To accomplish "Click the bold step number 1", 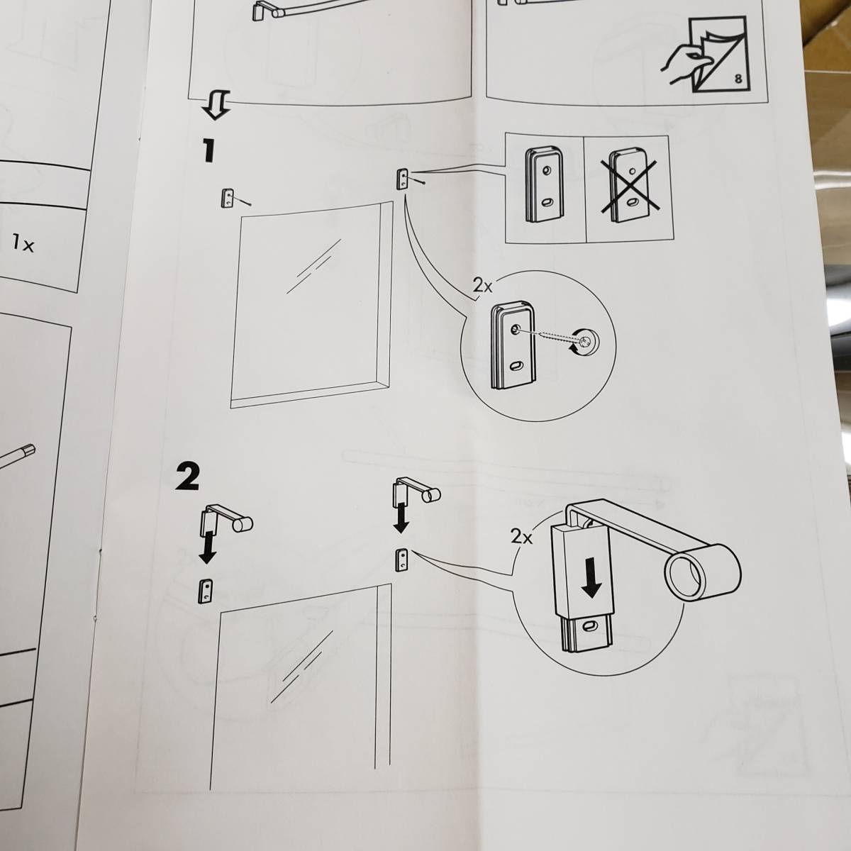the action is tap(207, 150).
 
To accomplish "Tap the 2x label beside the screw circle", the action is tap(482, 287).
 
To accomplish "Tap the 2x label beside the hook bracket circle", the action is tap(521, 537).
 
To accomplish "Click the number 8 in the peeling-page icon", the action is tap(738, 80).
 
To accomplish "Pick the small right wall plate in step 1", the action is tap(402, 179).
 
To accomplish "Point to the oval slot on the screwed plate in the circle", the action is tap(514, 366).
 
